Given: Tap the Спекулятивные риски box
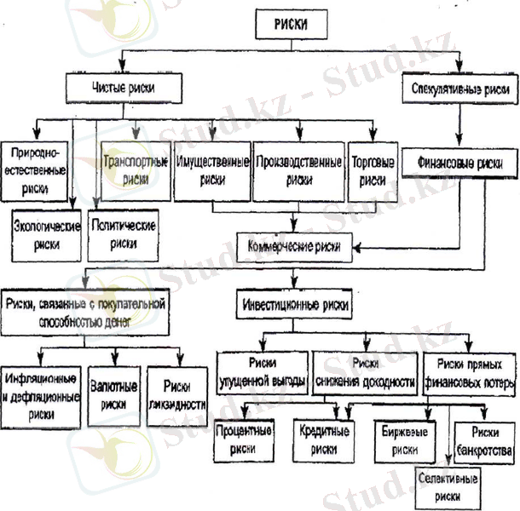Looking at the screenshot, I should click(459, 89).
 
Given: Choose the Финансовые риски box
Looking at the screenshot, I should click(459, 161).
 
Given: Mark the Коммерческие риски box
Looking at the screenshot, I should click(294, 246).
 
